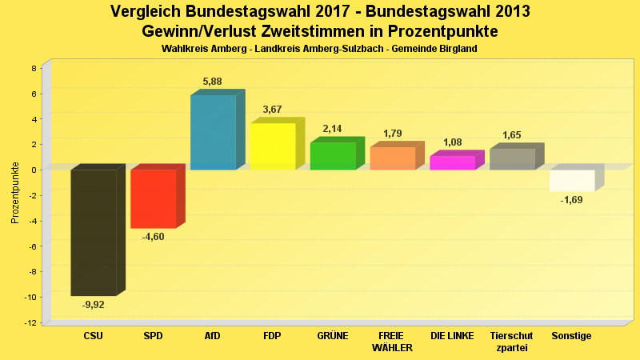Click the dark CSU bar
click(x=94, y=232)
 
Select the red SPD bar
click(x=153, y=198)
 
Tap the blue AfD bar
click(x=213, y=132)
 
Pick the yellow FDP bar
click(x=273, y=146)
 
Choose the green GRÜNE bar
click(x=332, y=156)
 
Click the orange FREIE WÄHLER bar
click(x=392, y=158)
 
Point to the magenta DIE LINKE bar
click(x=452, y=162)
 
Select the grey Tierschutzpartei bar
click(x=512, y=159)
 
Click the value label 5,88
click(x=213, y=82)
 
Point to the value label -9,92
click(x=94, y=304)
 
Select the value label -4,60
click(x=153, y=236)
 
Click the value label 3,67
click(x=273, y=110)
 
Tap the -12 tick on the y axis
click(x=31, y=322)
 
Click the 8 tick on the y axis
click(x=34, y=68)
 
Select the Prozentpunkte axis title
click(x=15, y=193)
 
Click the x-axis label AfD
click(x=213, y=336)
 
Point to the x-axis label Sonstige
click(x=572, y=336)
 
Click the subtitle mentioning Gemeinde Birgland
click(x=319, y=49)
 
